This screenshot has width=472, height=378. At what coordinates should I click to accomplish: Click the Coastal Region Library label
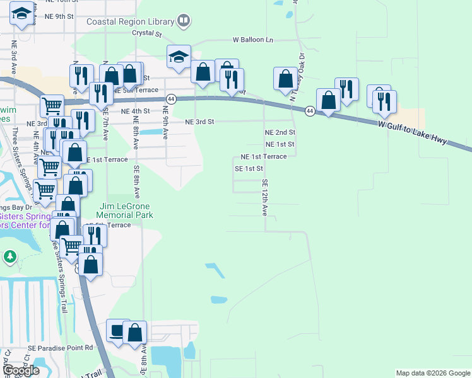pyautogui.click(x=130, y=21)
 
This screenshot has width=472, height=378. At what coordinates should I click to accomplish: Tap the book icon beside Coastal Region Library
pyautogui.click(x=183, y=21)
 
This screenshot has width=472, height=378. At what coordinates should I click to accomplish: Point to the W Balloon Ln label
pyautogui.click(x=253, y=39)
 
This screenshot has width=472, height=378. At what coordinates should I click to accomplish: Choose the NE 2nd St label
pyautogui.click(x=280, y=132)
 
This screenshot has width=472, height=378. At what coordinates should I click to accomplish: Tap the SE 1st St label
pyautogui.click(x=248, y=169)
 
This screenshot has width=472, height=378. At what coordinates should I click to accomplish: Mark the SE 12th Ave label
pyautogui.click(x=265, y=197)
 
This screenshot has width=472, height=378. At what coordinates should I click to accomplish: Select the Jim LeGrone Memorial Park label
pyautogui.click(x=127, y=210)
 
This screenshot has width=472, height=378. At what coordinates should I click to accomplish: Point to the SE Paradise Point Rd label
pyautogui.click(x=60, y=347)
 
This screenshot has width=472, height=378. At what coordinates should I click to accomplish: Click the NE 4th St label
pyautogui.click(x=135, y=111)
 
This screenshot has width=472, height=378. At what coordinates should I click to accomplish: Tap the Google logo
pyautogui.click(x=21, y=370)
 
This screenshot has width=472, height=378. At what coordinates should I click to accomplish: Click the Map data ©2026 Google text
pyautogui.click(x=432, y=373)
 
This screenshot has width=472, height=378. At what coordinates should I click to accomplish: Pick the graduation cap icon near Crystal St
pyautogui.click(x=179, y=57)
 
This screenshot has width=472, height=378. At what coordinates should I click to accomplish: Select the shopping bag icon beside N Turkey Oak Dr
pyautogui.click(x=285, y=79)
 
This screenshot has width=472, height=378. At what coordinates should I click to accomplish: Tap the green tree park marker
pyautogui.click(x=9, y=257)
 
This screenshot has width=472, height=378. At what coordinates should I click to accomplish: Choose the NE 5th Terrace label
pyautogui.click(x=137, y=90)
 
